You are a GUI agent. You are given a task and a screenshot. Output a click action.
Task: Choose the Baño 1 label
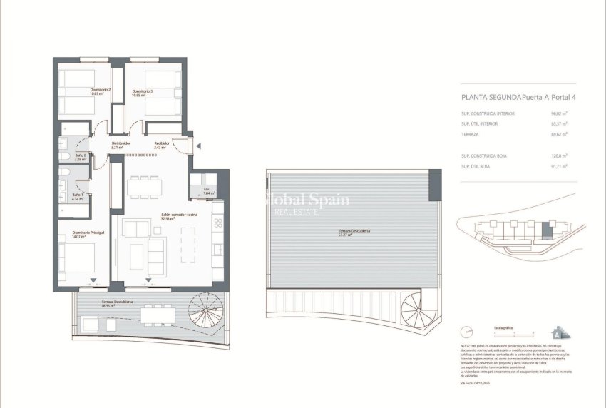pyautogui.click(x=77, y=196)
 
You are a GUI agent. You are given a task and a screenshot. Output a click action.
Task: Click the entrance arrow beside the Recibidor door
pyautogui.click(x=199, y=146)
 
